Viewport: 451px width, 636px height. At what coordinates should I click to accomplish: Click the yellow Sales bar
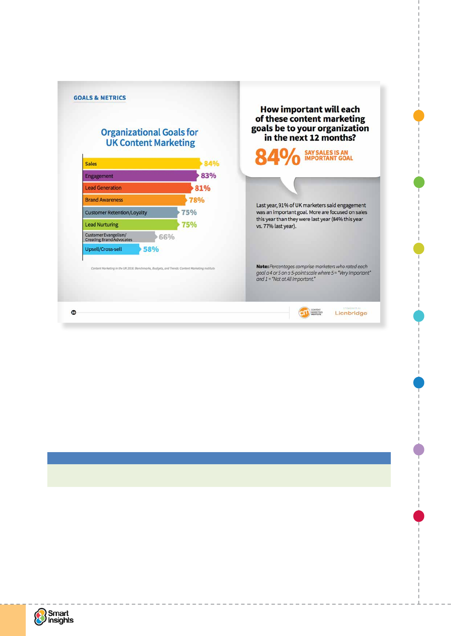point(141,163)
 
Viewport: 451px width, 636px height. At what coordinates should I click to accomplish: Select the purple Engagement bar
point(140,176)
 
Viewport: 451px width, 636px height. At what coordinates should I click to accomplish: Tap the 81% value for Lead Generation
point(203,188)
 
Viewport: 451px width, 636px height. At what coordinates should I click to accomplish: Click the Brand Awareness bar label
point(104,200)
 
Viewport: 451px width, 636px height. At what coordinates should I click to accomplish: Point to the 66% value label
point(167,237)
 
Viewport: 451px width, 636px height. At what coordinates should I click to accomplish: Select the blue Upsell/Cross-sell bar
point(111,249)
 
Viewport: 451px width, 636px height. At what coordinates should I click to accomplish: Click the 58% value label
point(151,249)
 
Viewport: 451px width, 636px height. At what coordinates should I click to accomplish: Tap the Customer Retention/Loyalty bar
point(130,212)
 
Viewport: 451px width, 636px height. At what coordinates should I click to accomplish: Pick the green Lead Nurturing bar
point(130,224)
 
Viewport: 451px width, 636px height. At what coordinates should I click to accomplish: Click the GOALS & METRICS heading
point(100,98)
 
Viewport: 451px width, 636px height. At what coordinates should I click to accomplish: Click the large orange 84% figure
point(277,157)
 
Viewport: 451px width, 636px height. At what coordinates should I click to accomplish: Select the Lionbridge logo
point(351,313)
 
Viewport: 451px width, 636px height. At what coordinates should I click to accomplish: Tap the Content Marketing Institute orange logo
point(304,312)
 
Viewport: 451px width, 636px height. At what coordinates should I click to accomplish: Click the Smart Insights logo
point(54,617)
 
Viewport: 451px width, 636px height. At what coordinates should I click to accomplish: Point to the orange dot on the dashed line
point(418,116)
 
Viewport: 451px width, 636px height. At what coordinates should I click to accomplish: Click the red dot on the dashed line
point(418,516)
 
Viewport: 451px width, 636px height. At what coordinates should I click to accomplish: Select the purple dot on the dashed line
point(418,449)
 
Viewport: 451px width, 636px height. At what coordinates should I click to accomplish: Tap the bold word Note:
point(262,266)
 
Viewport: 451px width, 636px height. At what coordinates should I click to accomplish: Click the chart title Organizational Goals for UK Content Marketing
point(150,137)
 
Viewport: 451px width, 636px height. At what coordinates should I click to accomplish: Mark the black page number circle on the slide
point(73,313)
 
